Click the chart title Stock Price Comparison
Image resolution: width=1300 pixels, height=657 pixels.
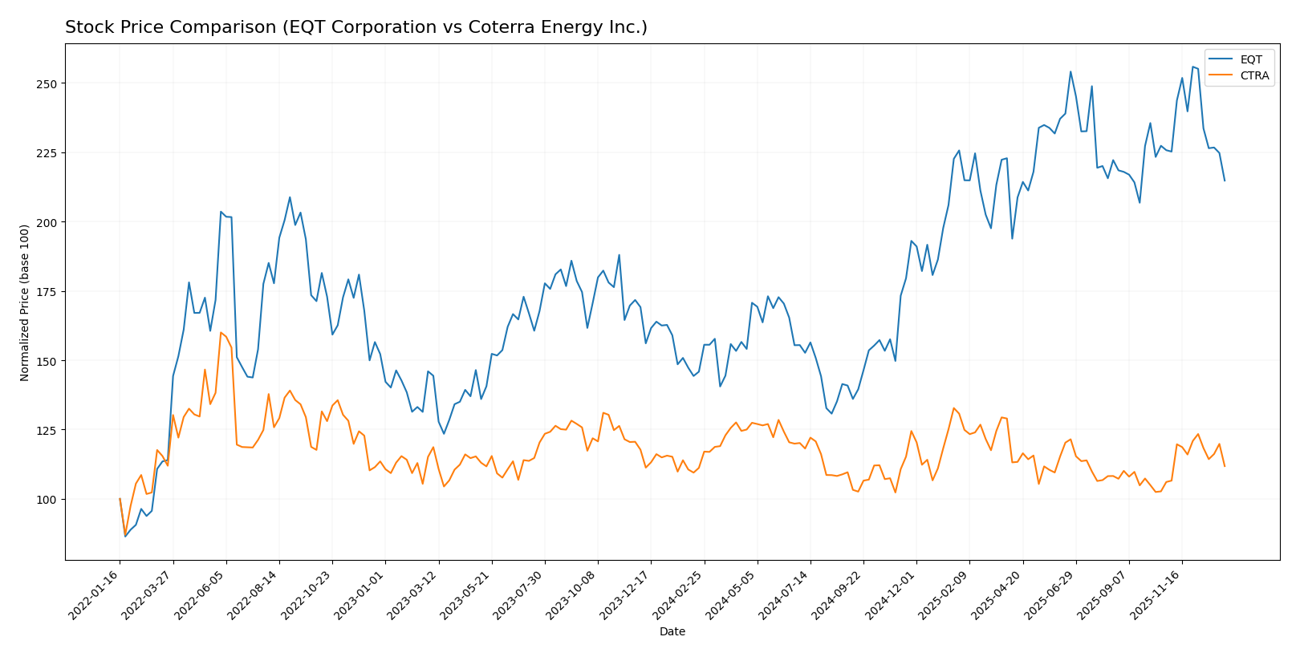355,27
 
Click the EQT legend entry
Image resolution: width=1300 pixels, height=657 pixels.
1250,59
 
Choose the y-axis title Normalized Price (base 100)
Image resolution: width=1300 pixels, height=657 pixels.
25,302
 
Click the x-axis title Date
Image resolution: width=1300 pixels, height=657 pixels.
672,631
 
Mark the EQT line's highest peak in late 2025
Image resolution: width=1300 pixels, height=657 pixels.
1192,67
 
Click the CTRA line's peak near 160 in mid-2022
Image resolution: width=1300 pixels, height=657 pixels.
221,332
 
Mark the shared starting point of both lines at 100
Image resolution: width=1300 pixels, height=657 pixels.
120,499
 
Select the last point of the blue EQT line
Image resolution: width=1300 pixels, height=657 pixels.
1225,180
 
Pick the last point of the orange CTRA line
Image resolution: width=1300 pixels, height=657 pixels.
1225,466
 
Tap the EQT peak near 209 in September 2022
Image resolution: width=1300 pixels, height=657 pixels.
290,197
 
